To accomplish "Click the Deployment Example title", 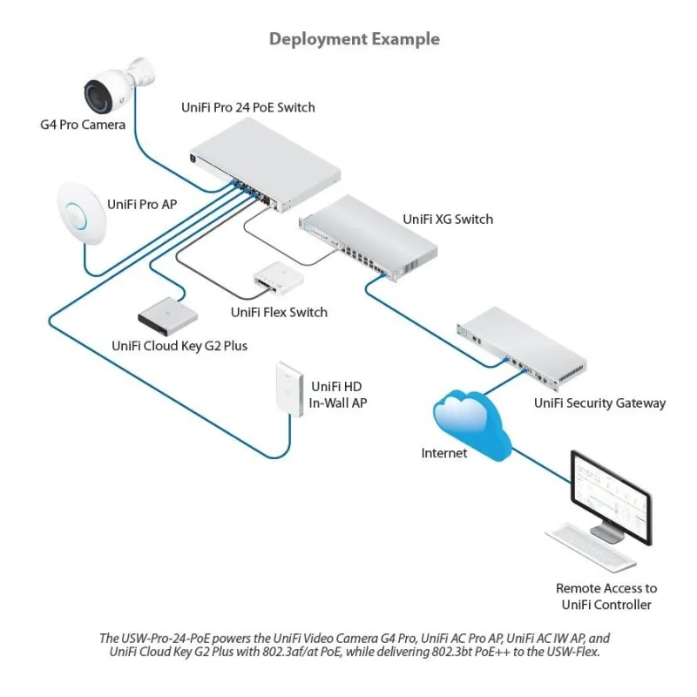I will coord(354,39).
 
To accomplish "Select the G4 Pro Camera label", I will coord(83,125).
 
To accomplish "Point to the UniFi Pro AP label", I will coord(142,204).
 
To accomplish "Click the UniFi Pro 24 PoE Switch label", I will coord(247,108).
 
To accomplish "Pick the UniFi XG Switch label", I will coord(448,219).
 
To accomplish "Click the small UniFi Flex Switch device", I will coord(277,276).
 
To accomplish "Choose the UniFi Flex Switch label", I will coord(279,312).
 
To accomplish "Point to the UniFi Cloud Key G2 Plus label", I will coord(179,346).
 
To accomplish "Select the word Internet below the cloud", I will coord(444,453).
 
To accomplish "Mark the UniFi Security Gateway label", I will coord(599,403).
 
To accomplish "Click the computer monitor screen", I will coord(610,493).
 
